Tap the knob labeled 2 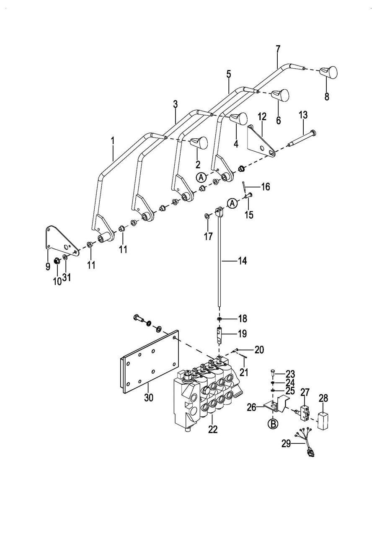coord(199,143)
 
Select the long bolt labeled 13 coord(302,138)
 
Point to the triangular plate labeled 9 coord(61,241)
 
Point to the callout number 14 coord(243,261)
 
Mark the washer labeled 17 coord(207,216)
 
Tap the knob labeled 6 coord(280,95)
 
